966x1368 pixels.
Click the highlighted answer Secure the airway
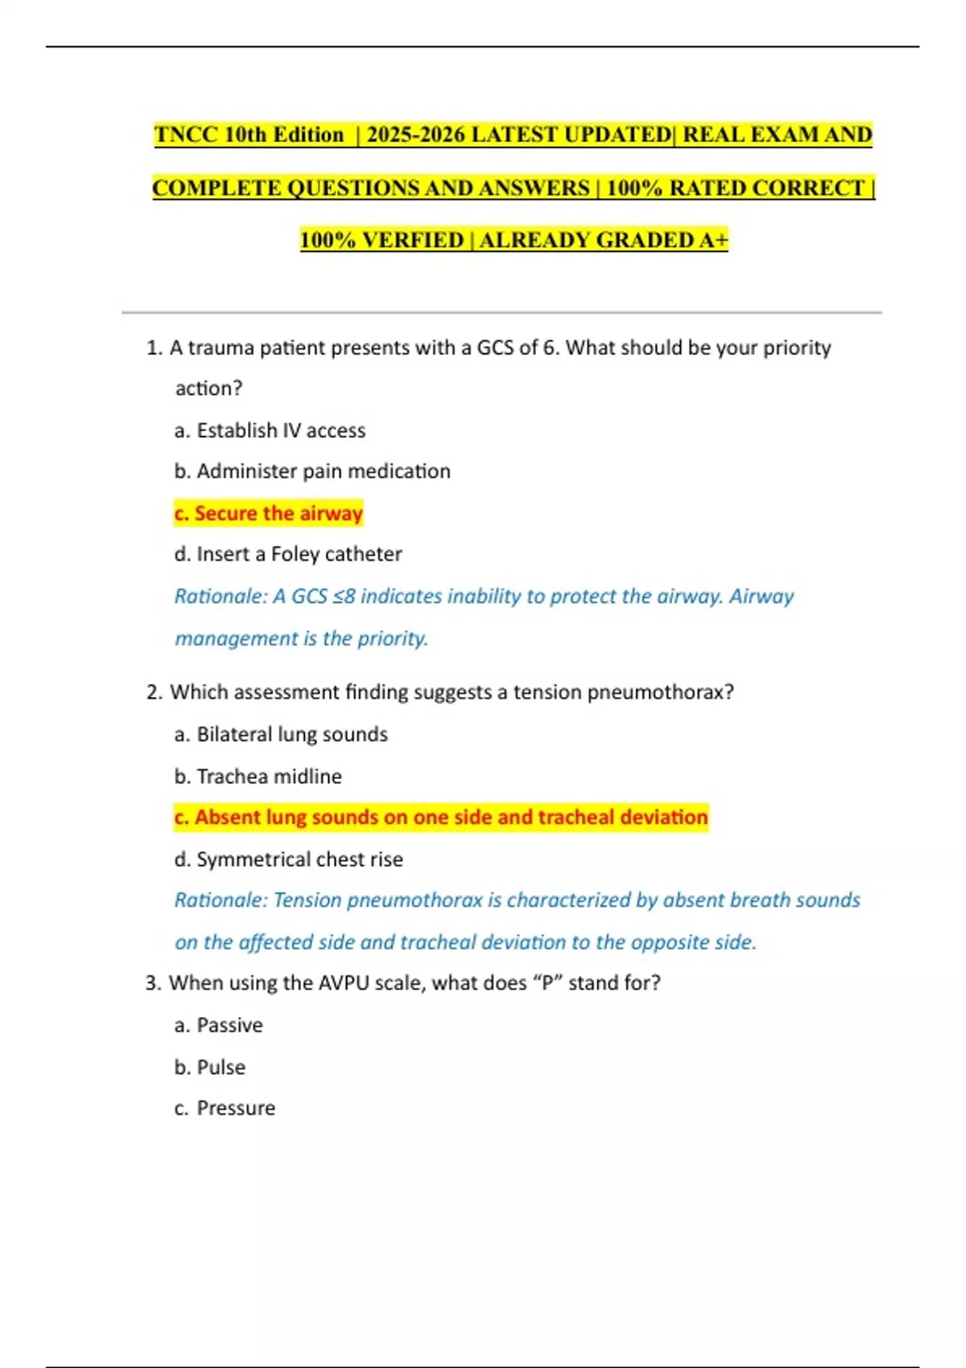pyautogui.click(x=269, y=513)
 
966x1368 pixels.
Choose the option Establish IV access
pyautogui.click(x=270, y=431)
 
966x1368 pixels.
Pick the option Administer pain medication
pyautogui.click(x=312, y=471)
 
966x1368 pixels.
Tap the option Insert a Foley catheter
pyautogui.click(x=288, y=554)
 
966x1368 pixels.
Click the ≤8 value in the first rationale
pyautogui.click(x=345, y=596)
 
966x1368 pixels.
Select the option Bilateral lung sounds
pyautogui.click(x=281, y=734)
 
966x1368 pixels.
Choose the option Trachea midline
pyautogui.click(x=258, y=776)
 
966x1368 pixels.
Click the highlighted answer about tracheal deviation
pyautogui.click(x=441, y=818)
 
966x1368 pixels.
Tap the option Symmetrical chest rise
pyautogui.click(x=289, y=859)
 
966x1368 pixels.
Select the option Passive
pyautogui.click(x=219, y=1025)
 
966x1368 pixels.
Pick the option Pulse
pyautogui.click(x=210, y=1067)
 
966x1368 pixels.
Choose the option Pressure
pyautogui.click(x=225, y=1108)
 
